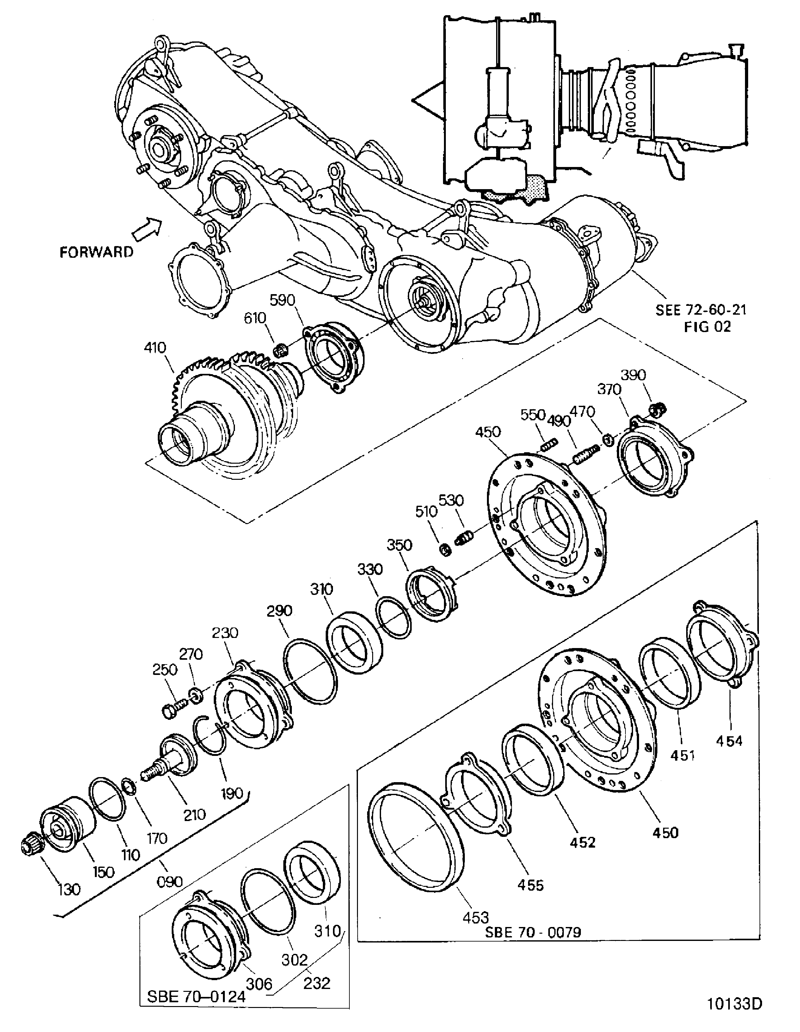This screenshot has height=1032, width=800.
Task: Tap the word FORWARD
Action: coord(96,252)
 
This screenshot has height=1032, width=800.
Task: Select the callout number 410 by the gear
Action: coord(155,348)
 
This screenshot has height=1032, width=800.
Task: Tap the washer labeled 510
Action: coord(445,550)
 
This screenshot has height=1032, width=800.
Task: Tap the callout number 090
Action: coord(169,881)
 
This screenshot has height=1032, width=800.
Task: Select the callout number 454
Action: coord(729,741)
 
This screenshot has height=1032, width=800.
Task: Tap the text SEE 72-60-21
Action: coord(701,310)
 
